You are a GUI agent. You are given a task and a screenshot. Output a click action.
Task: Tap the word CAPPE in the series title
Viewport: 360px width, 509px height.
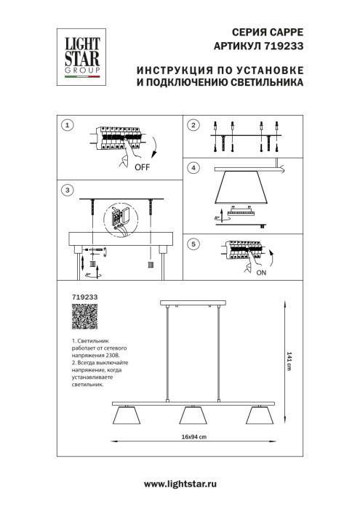(287, 32)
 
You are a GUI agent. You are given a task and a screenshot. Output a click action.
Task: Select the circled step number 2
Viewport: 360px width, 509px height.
(193, 126)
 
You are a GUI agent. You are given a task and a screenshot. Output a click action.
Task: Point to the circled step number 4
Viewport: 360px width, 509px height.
(193, 168)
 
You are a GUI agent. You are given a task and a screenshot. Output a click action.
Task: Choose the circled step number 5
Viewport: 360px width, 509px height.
(193, 244)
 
